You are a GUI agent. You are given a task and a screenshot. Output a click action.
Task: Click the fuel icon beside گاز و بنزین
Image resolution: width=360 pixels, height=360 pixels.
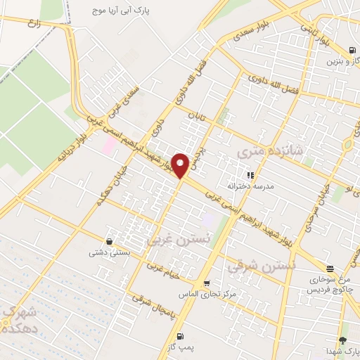[x=352, y=49]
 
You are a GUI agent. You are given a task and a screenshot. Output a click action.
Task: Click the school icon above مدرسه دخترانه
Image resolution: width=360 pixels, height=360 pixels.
[x=249, y=175]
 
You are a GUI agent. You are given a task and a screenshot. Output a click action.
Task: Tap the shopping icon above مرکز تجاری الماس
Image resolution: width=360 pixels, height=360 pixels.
[x=206, y=283]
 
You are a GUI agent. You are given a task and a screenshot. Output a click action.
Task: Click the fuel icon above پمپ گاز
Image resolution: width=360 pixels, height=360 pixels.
[x=181, y=336]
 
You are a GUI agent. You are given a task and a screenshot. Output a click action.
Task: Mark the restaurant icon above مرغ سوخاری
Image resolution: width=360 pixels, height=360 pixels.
[x=330, y=268]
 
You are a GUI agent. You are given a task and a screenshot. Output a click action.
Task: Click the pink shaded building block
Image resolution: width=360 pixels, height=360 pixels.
[x=110, y=146]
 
